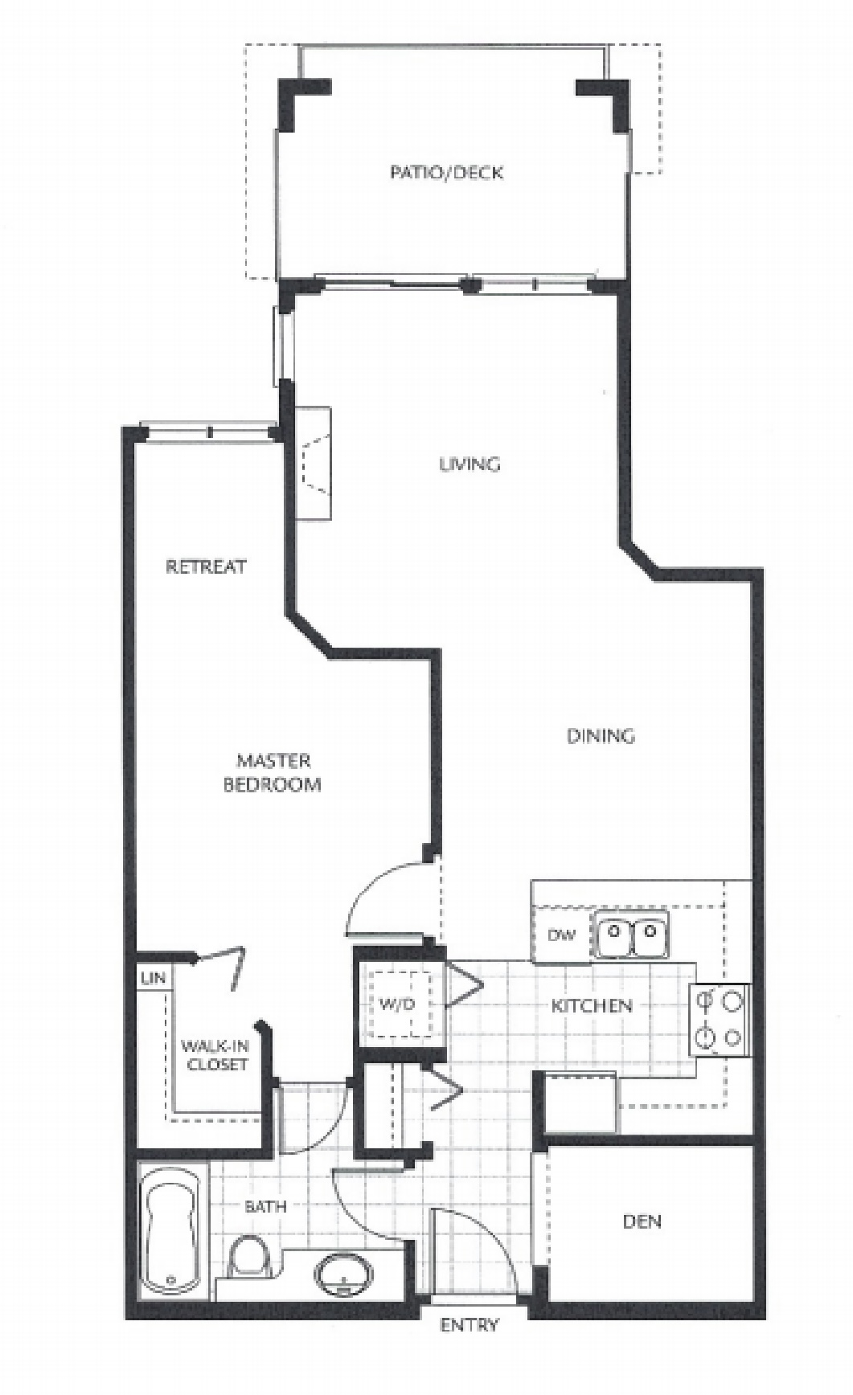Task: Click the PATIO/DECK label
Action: [x=446, y=172]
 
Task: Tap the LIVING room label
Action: [x=470, y=464]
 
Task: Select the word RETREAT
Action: [x=206, y=567]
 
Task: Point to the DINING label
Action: [x=601, y=735]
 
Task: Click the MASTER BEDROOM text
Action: [x=273, y=772]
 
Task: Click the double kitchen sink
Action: [x=632, y=934]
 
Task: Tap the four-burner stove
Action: [x=720, y=1021]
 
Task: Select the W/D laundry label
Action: [x=396, y=1004]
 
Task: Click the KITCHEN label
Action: [x=592, y=1005]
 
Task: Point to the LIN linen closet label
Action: [x=153, y=978]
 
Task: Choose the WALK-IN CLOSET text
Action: [x=215, y=1055]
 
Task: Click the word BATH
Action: [x=265, y=1206]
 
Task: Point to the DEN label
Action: [x=642, y=1221]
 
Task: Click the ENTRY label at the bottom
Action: [x=470, y=1325]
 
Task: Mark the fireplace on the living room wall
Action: [x=313, y=464]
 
